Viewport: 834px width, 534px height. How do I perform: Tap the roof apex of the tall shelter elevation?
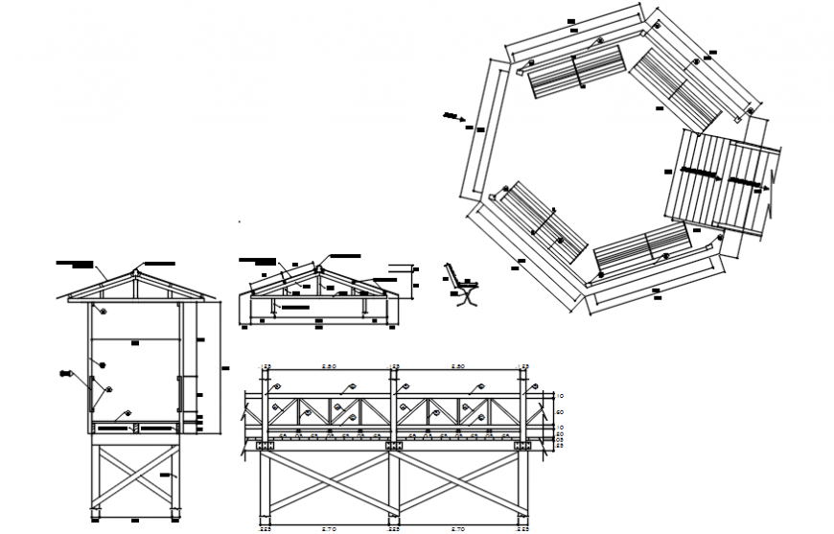click(x=135, y=271)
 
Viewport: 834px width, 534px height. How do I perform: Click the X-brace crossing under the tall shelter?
click(x=135, y=477)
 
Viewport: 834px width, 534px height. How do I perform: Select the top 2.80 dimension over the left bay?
click(x=328, y=367)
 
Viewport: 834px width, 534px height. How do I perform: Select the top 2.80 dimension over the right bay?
click(x=457, y=367)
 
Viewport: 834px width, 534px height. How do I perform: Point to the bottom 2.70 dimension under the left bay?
click(x=328, y=527)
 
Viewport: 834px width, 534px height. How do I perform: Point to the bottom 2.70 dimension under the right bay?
click(x=457, y=527)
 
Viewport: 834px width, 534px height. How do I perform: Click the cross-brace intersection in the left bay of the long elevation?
click(x=328, y=483)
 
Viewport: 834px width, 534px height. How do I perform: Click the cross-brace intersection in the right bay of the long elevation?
click(x=457, y=483)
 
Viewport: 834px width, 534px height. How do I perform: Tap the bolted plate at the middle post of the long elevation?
click(x=393, y=446)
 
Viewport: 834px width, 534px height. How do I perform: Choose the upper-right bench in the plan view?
click(x=676, y=87)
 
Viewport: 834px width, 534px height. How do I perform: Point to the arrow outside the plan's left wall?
click(x=453, y=118)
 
